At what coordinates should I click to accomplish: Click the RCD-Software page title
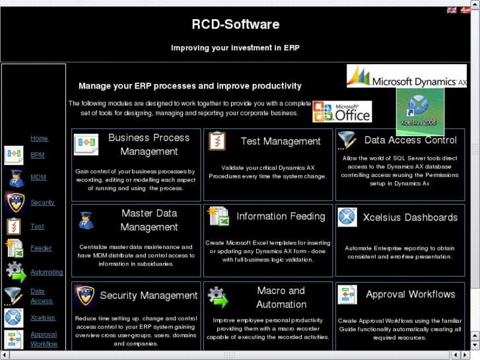[235, 24]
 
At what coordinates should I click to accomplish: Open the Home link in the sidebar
[39, 139]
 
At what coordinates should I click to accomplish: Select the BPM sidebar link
[38, 155]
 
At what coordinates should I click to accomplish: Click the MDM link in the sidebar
[38, 178]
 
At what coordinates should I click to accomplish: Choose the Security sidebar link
[42, 203]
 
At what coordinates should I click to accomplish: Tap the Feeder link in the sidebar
[41, 248]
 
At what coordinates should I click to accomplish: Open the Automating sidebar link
[46, 272]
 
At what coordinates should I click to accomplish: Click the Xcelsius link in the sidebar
[43, 318]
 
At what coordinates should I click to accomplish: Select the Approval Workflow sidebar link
[44, 340]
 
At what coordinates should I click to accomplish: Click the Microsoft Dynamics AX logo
[407, 77]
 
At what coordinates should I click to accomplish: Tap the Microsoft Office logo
[342, 112]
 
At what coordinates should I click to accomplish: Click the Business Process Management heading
[149, 145]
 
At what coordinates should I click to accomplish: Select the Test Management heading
[281, 141]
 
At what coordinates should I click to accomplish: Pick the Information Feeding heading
[281, 217]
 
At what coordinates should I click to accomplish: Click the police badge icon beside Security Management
[85, 295]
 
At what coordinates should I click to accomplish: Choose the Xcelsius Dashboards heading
[410, 217]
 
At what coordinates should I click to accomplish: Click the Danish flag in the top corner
[463, 11]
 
